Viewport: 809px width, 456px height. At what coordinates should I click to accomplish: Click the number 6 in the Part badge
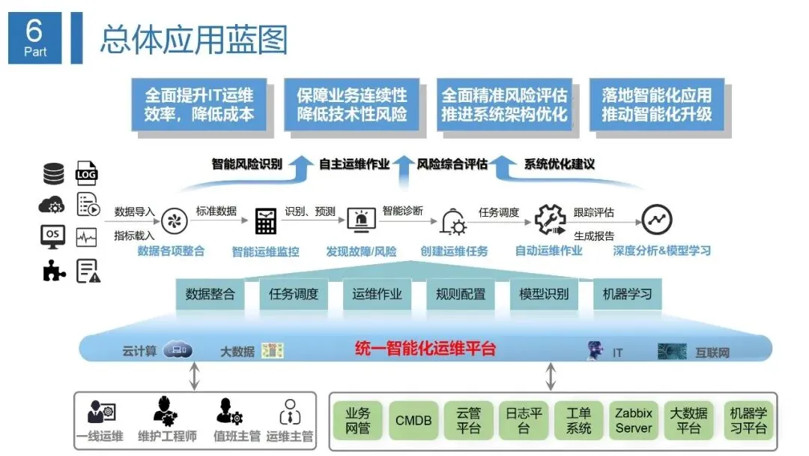[x=35, y=30]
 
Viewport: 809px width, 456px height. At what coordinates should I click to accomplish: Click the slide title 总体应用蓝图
[x=193, y=39]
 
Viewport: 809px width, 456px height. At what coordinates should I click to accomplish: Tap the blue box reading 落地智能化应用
[x=656, y=104]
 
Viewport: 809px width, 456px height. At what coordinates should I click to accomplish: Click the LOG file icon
[x=87, y=174]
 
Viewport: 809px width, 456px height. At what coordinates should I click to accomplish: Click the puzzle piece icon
[x=53, y=271]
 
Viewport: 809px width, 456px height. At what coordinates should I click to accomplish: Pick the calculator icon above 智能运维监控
[x=266, y=220]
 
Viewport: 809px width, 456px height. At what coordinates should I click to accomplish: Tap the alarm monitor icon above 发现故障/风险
[x=361, y=220]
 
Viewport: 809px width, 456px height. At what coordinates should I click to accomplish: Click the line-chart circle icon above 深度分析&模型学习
[x=657, y=220]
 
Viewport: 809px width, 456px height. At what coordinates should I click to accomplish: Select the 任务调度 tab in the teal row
[x=293, y=294]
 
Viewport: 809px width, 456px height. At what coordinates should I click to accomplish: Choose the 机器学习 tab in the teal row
[x=627, y=294]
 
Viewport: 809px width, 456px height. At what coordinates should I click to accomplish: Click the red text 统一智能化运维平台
[x=425, y=349]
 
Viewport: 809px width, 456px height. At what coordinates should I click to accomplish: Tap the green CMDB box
[x=413, y=420]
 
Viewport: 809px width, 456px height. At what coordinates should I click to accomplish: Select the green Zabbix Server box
[x=634, y=420]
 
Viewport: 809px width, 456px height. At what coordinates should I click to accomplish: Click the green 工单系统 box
[x=579, y=420]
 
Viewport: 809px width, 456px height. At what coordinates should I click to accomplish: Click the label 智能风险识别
[x=246, y=163]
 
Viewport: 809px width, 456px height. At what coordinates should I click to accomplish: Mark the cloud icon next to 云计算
[x=178, y=349]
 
